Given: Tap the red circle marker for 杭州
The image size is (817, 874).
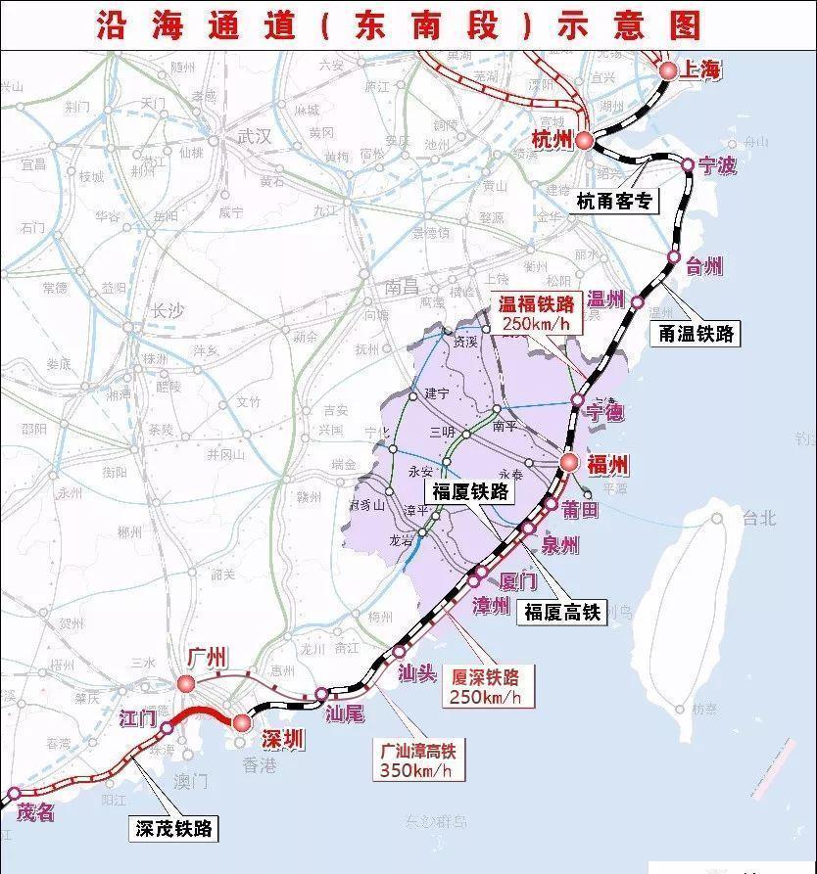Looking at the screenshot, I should click(584, 141).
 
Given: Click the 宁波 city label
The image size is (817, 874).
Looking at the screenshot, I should click(717, 165).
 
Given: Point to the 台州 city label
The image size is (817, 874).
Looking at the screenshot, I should click(702, 265).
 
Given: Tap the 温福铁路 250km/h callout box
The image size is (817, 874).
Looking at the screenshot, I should click(535, 312).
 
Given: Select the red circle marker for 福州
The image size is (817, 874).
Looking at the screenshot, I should click(570, 464).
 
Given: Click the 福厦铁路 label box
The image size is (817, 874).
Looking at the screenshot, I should click(470, 491).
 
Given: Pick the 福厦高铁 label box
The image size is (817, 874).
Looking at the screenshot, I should click(562, 612).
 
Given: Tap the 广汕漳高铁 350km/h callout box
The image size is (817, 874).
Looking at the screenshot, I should click(418, 760).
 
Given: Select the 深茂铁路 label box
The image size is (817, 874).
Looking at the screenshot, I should click(173, 829).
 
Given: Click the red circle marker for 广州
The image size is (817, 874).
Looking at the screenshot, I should click(186, 683).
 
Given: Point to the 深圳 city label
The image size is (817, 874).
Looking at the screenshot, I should click(284, 740).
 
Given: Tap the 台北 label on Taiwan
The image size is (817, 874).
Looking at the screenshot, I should click(757, 518).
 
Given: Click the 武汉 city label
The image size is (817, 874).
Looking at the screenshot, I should click(253, 137).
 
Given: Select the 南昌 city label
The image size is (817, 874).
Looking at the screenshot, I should click(402, 289).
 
